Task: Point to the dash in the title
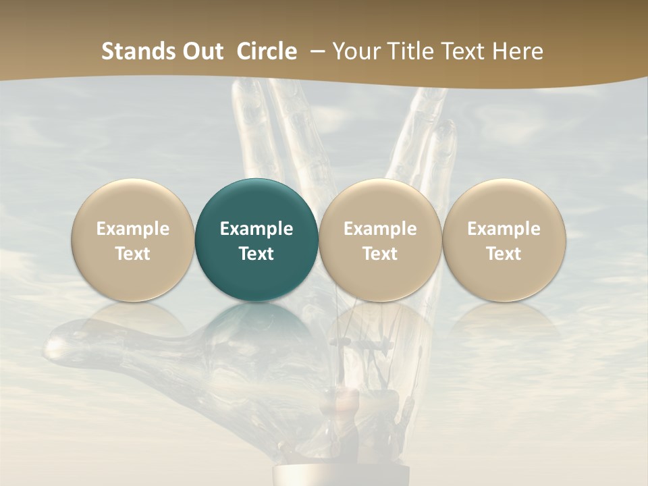coord(315,52)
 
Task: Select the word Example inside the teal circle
coord(256,229)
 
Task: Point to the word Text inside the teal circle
coord(256,254)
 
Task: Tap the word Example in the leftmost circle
coord(133,229)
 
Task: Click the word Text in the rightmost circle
coord(504,254)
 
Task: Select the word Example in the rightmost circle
coord(504,229)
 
